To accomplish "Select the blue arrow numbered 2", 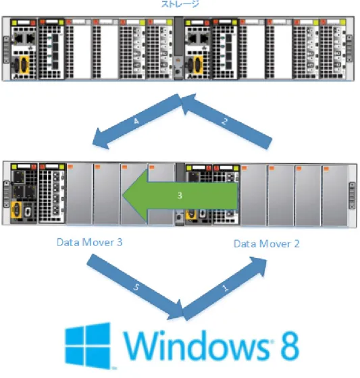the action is coord(226,121).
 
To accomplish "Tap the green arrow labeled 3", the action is coord(180,195).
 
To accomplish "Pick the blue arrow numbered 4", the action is coord(137,121).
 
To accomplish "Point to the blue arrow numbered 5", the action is coord(135,287).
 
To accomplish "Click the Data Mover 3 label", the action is coord(90,242).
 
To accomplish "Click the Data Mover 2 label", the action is coord(266,244).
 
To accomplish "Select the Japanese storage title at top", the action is coord(180,4).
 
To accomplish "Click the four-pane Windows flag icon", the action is coord(88,346).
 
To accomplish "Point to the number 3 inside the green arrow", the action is coord(180,195).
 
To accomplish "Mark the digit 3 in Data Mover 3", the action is coord(120,242).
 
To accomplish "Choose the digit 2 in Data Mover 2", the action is coord(297,244).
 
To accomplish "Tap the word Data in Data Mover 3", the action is coord(68,242).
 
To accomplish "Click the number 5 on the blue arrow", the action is coord(136,287).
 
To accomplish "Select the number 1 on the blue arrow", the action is coord(225,288).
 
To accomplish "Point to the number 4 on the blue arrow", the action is coord(136,121).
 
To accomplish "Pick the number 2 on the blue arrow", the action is coord(224,121).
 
